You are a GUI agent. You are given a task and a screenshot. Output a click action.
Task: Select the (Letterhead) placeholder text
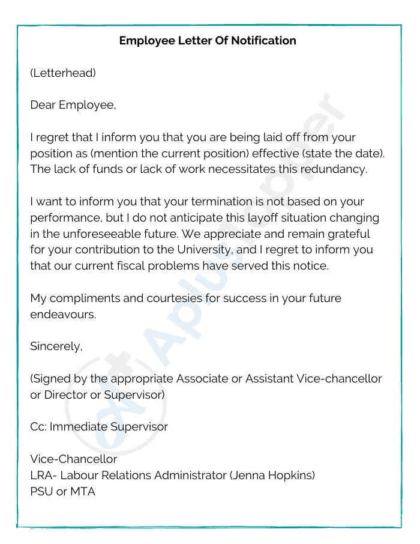coord(63,73)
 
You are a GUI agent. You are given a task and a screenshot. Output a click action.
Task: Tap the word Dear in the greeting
coord(43,105)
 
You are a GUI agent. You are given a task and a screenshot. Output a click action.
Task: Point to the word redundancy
coord(334,169)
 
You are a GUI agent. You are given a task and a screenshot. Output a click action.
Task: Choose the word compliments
coord(86,298)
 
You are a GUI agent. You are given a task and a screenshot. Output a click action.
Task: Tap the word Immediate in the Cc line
coord(76,427)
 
